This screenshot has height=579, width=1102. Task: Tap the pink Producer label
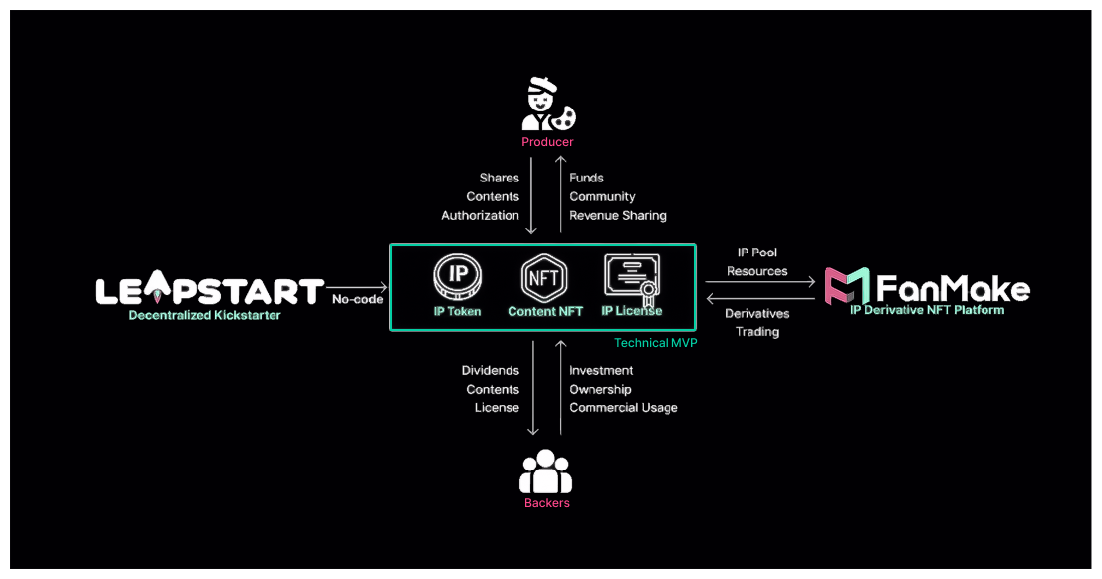(x=547, y=142)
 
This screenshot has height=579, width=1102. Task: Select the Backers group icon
(x=545, y=471)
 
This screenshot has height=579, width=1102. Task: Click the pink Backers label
(x=546, y=503)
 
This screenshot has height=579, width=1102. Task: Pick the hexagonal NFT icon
(x=545, y=278)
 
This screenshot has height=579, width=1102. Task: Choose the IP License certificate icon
(x=631, y=277)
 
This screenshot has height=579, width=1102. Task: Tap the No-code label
(x=356, y=299)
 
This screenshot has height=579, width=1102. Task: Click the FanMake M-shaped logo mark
(x=846, y=287)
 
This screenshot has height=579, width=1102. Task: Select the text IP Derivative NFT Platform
(x=927, y=310)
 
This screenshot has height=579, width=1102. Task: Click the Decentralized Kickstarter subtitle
(x=204, y=315)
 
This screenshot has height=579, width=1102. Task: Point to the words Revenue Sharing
(x=617, y=215)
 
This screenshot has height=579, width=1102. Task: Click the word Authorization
(x=480, y=215)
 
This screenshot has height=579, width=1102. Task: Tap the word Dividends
(x=490, y=370)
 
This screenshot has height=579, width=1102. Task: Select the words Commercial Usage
(x=623, y=407)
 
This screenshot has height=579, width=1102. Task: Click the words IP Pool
(x=757, y=253)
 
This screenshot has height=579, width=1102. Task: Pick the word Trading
(x=756, y=332)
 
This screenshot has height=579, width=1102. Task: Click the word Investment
(x=600, y=370)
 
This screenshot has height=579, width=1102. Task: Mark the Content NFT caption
(x=545, y=311)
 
